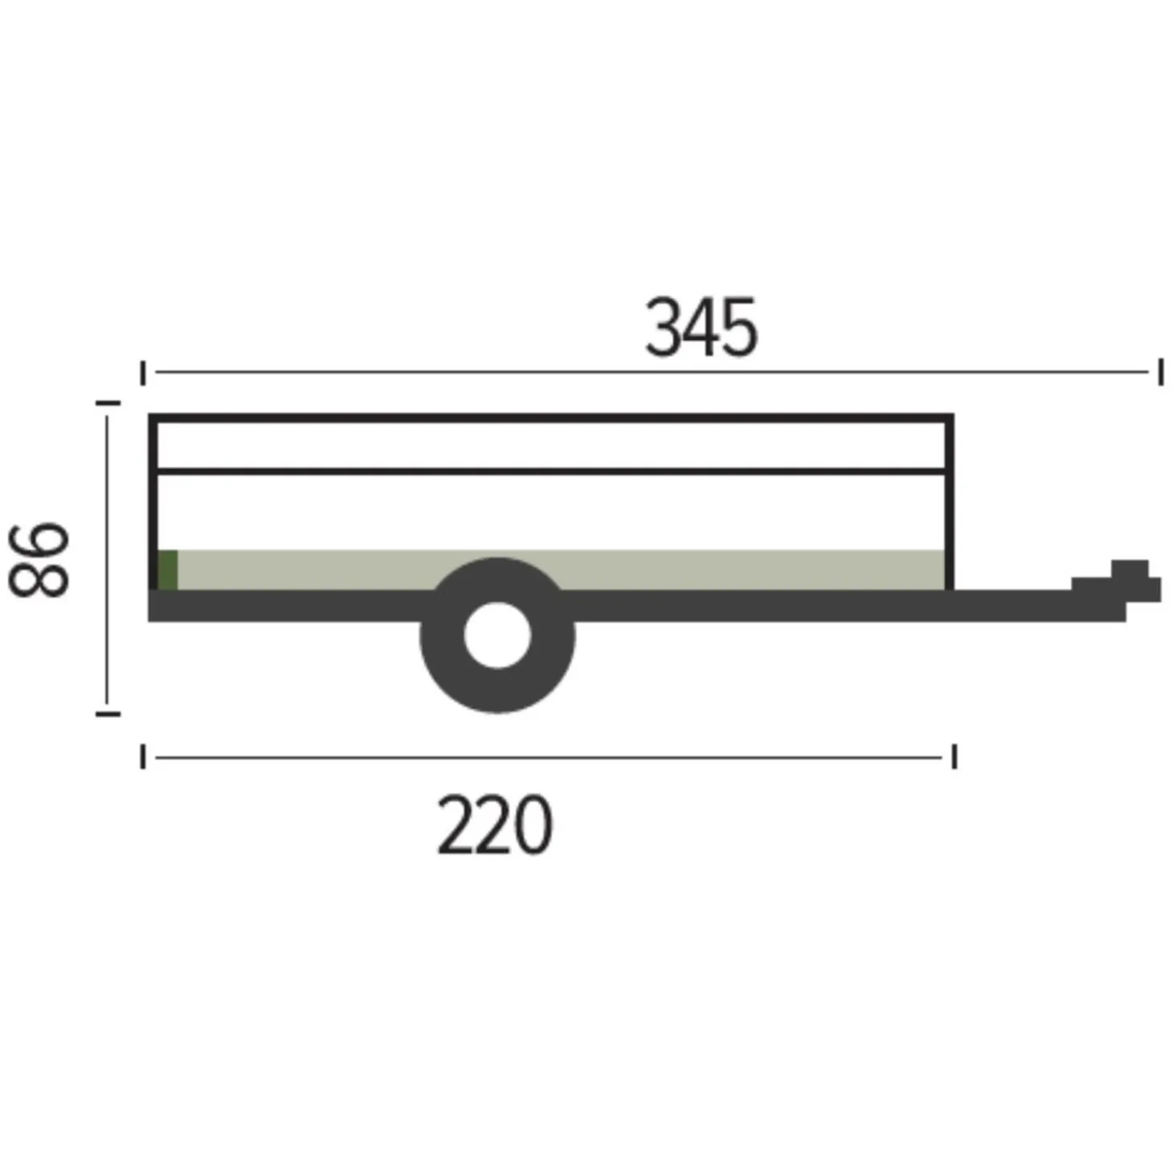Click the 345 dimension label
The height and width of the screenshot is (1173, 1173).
click(701, 327)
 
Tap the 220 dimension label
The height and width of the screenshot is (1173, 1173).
click(495, 825)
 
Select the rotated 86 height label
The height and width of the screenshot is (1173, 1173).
click(39, 559)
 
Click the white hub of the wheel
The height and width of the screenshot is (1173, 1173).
click(497, 635)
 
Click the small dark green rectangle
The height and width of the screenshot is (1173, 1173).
click(168, 570)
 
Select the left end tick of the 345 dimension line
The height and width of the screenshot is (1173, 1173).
click(143, 373)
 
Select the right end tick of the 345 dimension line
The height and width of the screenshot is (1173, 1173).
click(1161, 372)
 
